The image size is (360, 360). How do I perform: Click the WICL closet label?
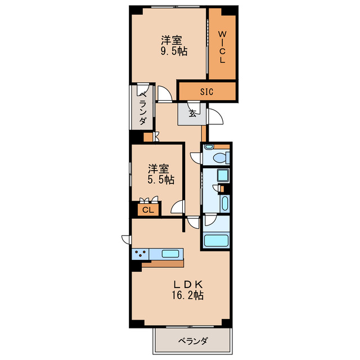tap(222, 47)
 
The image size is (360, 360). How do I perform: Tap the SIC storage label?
tap(206, 92)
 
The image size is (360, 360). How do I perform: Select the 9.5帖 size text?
tap(173, 51)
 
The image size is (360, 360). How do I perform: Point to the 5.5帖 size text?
tap(160, 180)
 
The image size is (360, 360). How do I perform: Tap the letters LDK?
tap(187, 283)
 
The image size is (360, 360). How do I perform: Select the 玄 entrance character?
tap(193, 113)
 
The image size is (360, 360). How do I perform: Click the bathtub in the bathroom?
tap(216, 241)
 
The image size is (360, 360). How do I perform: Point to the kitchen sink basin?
tap(170, 253)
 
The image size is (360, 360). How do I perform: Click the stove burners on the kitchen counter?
tap(140, 254)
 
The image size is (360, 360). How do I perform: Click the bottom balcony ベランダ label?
tap(193, 341)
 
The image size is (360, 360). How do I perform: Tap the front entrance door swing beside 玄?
tap(215, 116)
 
